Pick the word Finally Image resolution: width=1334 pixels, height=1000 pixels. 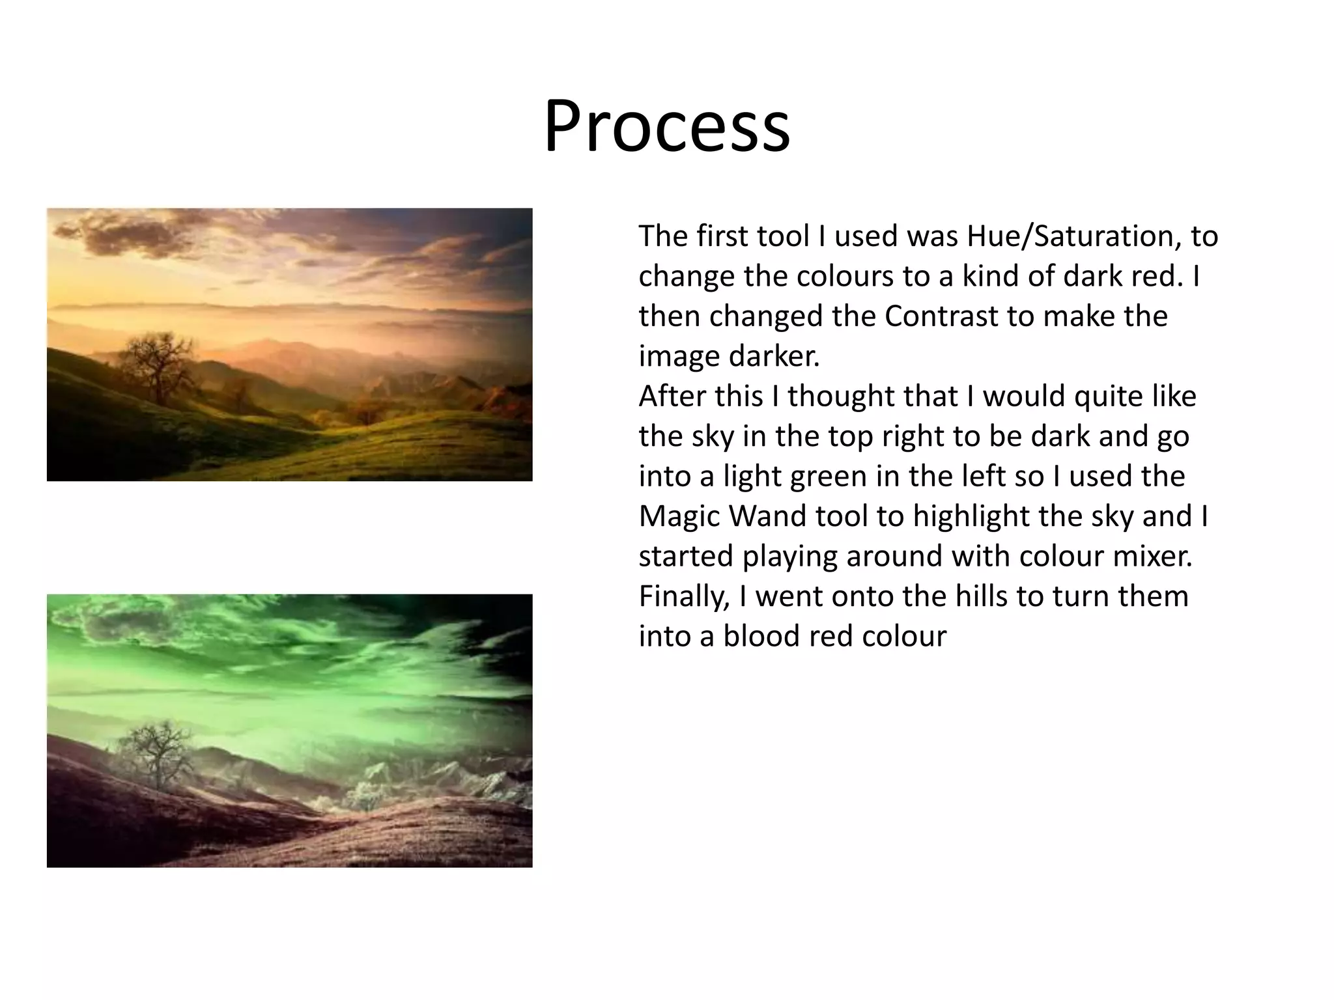[684, 597]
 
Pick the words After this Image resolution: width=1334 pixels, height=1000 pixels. [700, 397]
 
